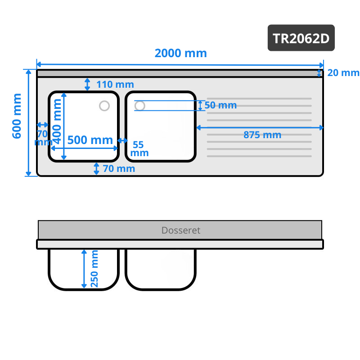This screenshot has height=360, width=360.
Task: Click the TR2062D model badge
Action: click(x=301, y=38)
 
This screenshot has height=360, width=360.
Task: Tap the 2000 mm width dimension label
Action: click(x=181, y=53)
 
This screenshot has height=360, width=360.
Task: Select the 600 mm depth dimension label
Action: click(x=17, y=116)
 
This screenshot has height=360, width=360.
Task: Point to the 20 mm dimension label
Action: click(x=343, y=73)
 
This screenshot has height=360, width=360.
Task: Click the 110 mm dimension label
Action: click(x=115, y=85)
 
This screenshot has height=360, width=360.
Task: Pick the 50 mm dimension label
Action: click(x=220, y=105)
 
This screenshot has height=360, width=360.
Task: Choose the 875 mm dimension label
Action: click(x=262, y=135)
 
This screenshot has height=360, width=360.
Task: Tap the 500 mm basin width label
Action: click(x=90, y=140)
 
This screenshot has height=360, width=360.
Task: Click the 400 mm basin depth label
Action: click(x=57, y=121)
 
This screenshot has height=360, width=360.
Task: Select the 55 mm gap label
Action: click(x=139, y=149)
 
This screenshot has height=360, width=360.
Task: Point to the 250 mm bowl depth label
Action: click(x=94, y=269)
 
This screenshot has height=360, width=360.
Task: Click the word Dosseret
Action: click(x=181, y=230)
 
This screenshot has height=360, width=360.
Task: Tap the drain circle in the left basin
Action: click(x=104, y=106)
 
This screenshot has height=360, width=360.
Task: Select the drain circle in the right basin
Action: click(x=139, y=106)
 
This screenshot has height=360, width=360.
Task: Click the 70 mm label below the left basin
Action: click(x=119, y=169)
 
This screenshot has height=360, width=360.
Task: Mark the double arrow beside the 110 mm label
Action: click(x=87, y=84)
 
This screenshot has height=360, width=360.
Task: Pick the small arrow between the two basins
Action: click(x=122, y=140)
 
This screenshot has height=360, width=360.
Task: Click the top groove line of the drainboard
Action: click(x=259, y=99)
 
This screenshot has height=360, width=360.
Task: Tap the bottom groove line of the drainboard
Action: click(x=259, y=156)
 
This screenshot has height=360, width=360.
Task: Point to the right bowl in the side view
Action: click(x=161, y=270)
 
